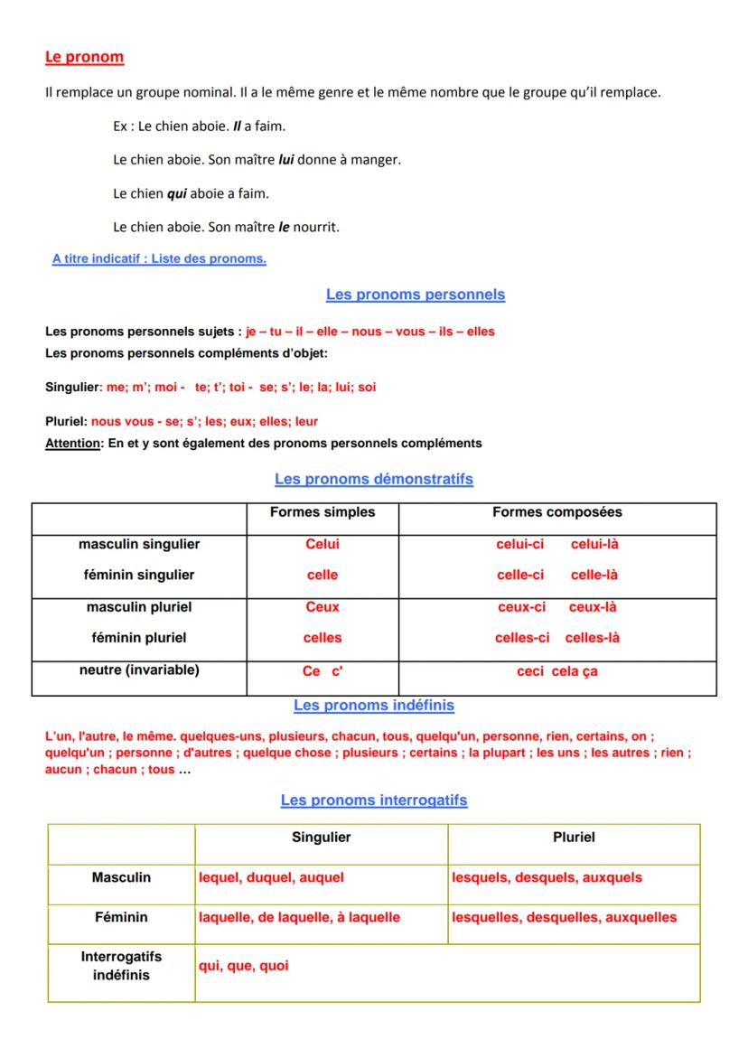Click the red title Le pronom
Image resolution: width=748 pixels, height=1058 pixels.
coord(84,57)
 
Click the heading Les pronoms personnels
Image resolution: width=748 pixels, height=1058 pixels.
coord(415,295)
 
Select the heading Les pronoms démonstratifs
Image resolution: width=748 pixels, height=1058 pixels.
coord(373,479)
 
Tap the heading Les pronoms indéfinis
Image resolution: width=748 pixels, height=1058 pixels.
coord(373,705)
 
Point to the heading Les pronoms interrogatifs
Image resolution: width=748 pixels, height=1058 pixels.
coord(373,801)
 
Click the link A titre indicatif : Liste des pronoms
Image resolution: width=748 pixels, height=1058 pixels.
coord(159,259)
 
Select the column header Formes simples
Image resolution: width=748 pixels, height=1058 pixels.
coord(322,512)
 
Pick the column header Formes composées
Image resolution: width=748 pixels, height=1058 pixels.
coord(556,512)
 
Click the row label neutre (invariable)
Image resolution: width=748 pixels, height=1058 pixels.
coord(139,670)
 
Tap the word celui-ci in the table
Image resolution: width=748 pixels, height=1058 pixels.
coord(519,544)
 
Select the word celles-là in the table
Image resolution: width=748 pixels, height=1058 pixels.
coord(593,638)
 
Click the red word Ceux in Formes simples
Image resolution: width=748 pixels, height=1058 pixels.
coord(322,607)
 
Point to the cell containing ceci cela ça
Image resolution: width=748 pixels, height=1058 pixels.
coord(556,671)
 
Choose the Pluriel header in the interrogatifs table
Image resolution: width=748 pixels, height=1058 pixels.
coord(573,838)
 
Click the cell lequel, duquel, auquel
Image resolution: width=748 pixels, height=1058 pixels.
coord(271,877)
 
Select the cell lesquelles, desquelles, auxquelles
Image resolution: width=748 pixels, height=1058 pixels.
coord(564,917)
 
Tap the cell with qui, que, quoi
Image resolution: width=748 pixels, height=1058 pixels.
coord(244,966)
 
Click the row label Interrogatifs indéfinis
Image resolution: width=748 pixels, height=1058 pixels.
coord(121,966)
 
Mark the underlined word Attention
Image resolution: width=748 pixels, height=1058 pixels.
coord(73,444)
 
